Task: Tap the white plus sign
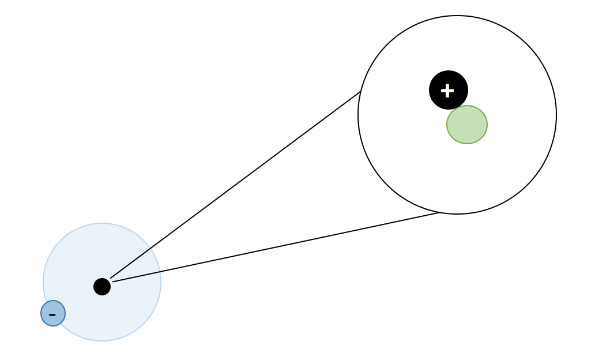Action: coord(447,91)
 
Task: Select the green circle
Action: coord(467,125)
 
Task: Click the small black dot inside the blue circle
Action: coord(102,287)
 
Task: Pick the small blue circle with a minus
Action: coord(53,313)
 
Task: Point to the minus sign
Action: coord(52,315)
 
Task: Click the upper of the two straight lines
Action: coord(235,185)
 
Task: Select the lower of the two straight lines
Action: coord(276,247)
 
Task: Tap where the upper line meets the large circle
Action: coord(361,92)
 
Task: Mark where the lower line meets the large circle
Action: coord(439,213)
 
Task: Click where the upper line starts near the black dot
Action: coord(111,278)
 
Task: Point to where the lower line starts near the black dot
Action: coord(113,282)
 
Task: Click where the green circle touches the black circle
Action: coord(458,108)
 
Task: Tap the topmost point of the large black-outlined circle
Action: coord(457,16)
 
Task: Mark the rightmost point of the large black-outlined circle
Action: coord(556,115)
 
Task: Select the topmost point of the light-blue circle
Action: coord(102,223)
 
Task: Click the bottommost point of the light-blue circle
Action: coord(102,341)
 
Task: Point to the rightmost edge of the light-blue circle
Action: coord(161,282)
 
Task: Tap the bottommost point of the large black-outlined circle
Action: coord(457,214)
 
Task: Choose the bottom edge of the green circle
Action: coord(467,144)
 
